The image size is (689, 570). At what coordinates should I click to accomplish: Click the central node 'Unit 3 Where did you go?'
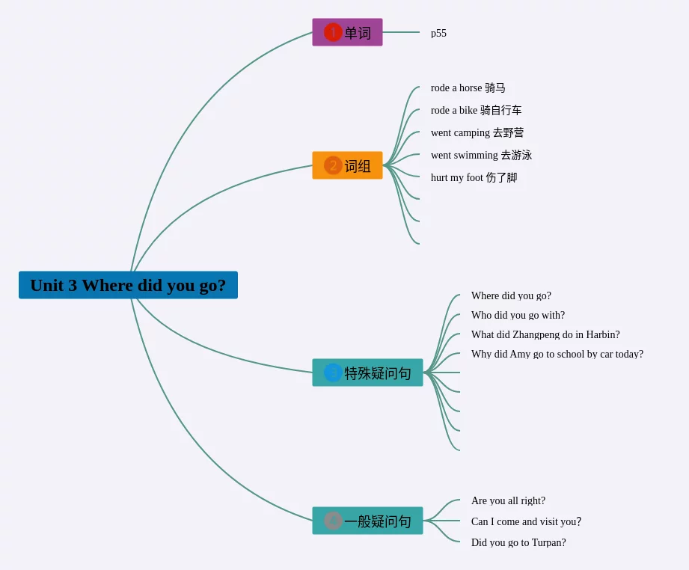tap(128, 285)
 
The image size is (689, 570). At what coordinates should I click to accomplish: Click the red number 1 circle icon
tap(333, 32)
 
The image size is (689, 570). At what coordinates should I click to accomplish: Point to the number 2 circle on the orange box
tap(333, 165)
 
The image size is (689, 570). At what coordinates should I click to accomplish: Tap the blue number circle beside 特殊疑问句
tap(333, 373)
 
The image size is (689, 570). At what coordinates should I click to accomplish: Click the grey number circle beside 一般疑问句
tap(333, 521)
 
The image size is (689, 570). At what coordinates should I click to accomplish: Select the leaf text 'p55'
tap(438, 33)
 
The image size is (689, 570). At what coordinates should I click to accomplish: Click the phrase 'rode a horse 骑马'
tap(468, 88)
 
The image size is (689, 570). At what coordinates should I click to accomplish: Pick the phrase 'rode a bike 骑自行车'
tap(476, 111)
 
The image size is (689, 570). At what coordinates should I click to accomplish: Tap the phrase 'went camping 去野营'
tap(477, 133)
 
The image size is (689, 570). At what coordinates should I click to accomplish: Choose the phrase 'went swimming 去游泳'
tap(481, 156)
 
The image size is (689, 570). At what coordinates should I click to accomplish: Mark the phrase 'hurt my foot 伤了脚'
tap(474, 178)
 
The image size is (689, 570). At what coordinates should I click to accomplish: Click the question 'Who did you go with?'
tap(518, 316)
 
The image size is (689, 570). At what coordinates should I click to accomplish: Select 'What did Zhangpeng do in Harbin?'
tap(545, 335)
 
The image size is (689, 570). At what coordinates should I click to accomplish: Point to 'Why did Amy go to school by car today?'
tap(557, 355)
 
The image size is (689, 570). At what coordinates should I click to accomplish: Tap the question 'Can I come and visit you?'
tap(526, 522)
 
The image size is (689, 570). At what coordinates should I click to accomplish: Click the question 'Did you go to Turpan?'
tap(518, 543)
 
